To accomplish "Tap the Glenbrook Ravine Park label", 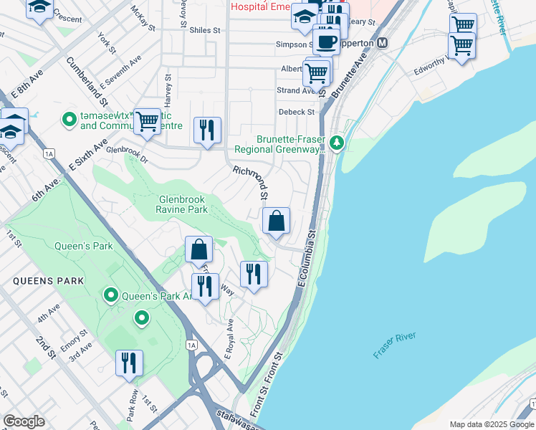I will (x=182, y=204).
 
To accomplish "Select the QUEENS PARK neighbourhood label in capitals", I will (x=48, y=281).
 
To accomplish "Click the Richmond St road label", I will (x=250, y=183).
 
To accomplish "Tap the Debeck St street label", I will (x=296, y=113).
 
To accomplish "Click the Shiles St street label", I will (x=204, y=31).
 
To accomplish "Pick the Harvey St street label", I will (x=168, y=87).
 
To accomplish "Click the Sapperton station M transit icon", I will (x=383, y=43).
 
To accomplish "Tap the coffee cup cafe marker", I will (x=326, y=41).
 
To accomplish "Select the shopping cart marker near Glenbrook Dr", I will (x=147, y=121).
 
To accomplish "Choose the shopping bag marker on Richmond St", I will (x=276, y=221).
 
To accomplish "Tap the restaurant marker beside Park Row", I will (x=129, y=363).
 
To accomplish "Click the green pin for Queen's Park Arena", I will (x=110, y=295).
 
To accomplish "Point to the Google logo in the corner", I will (x=24, y=421).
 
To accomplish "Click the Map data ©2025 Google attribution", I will (x=492, y=424).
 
